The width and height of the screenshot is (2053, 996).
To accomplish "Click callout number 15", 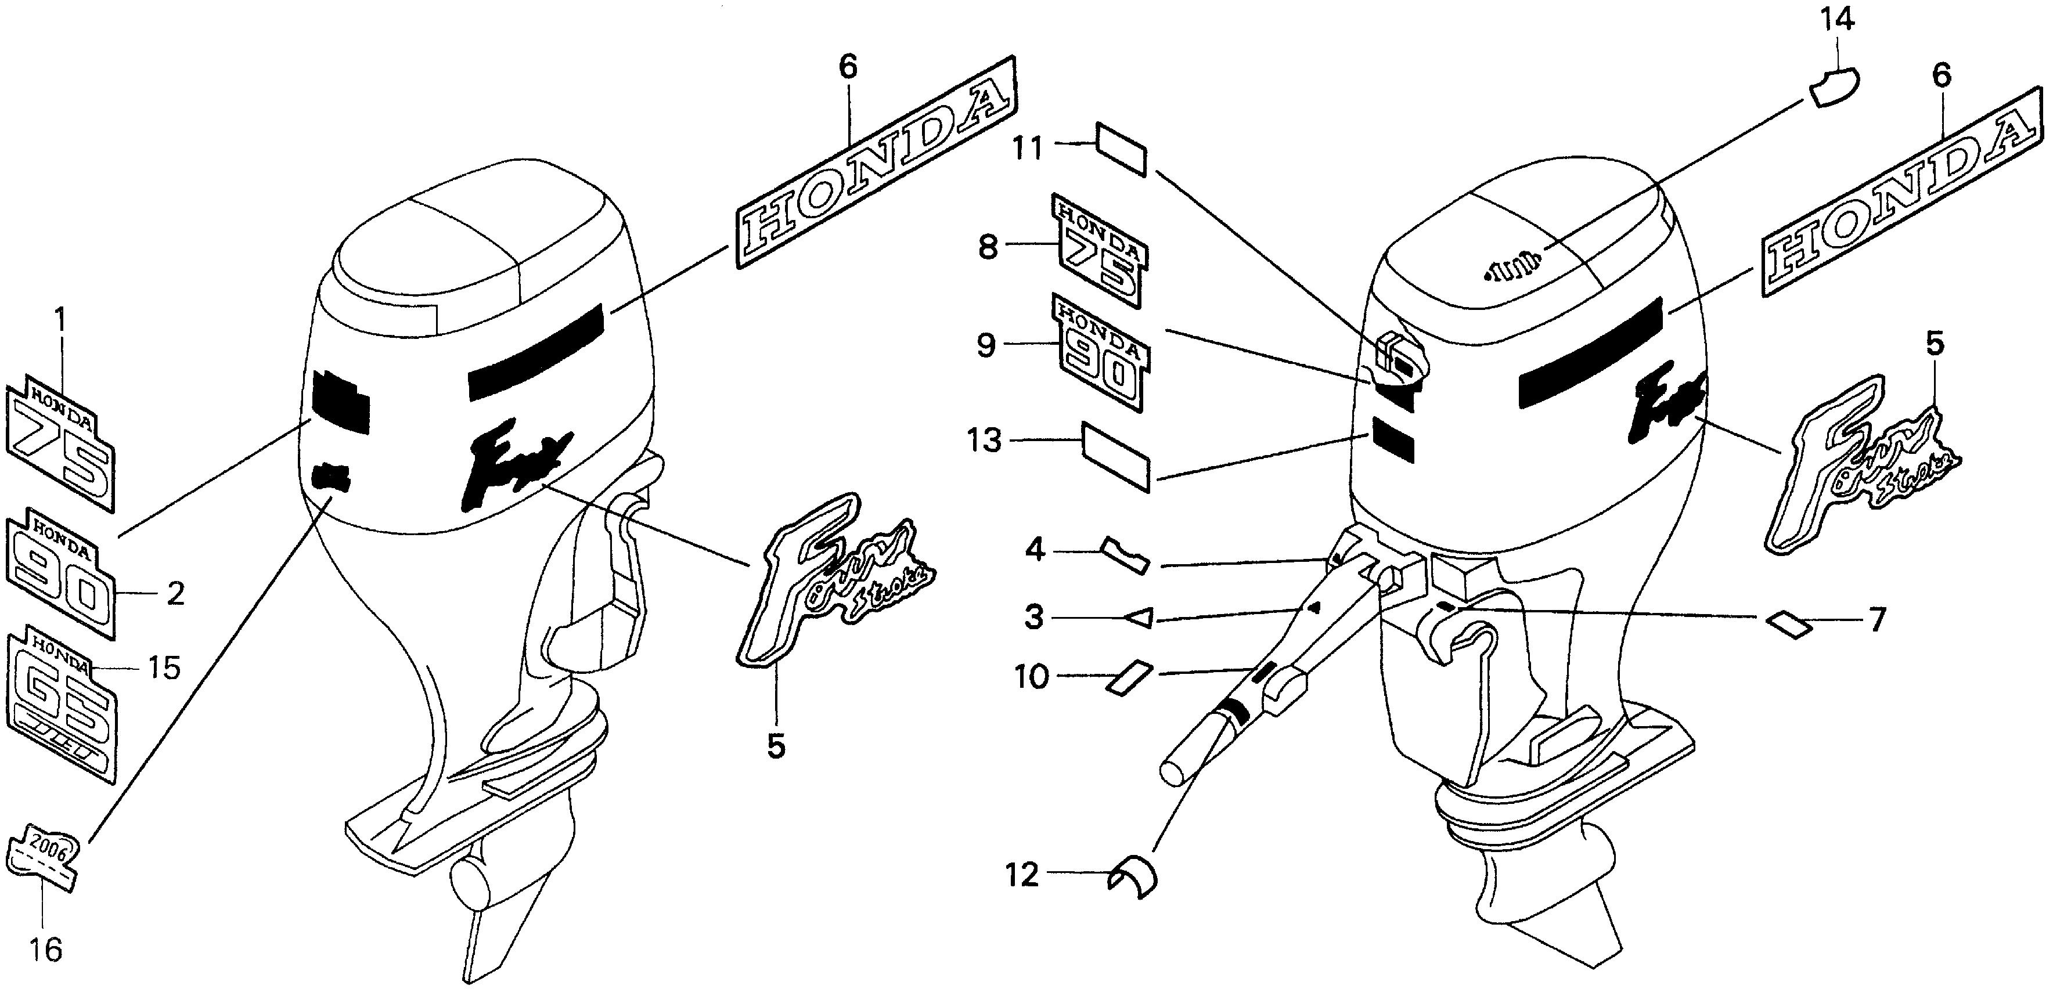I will point(164,667).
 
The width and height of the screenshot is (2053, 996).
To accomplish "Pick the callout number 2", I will point(175,594).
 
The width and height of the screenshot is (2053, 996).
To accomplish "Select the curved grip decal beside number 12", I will point(1133,876).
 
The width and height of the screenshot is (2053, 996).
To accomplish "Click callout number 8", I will point(988,248).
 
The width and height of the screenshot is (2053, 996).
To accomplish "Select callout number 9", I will point(986,347).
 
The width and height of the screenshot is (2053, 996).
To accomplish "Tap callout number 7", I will point(1878,619).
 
